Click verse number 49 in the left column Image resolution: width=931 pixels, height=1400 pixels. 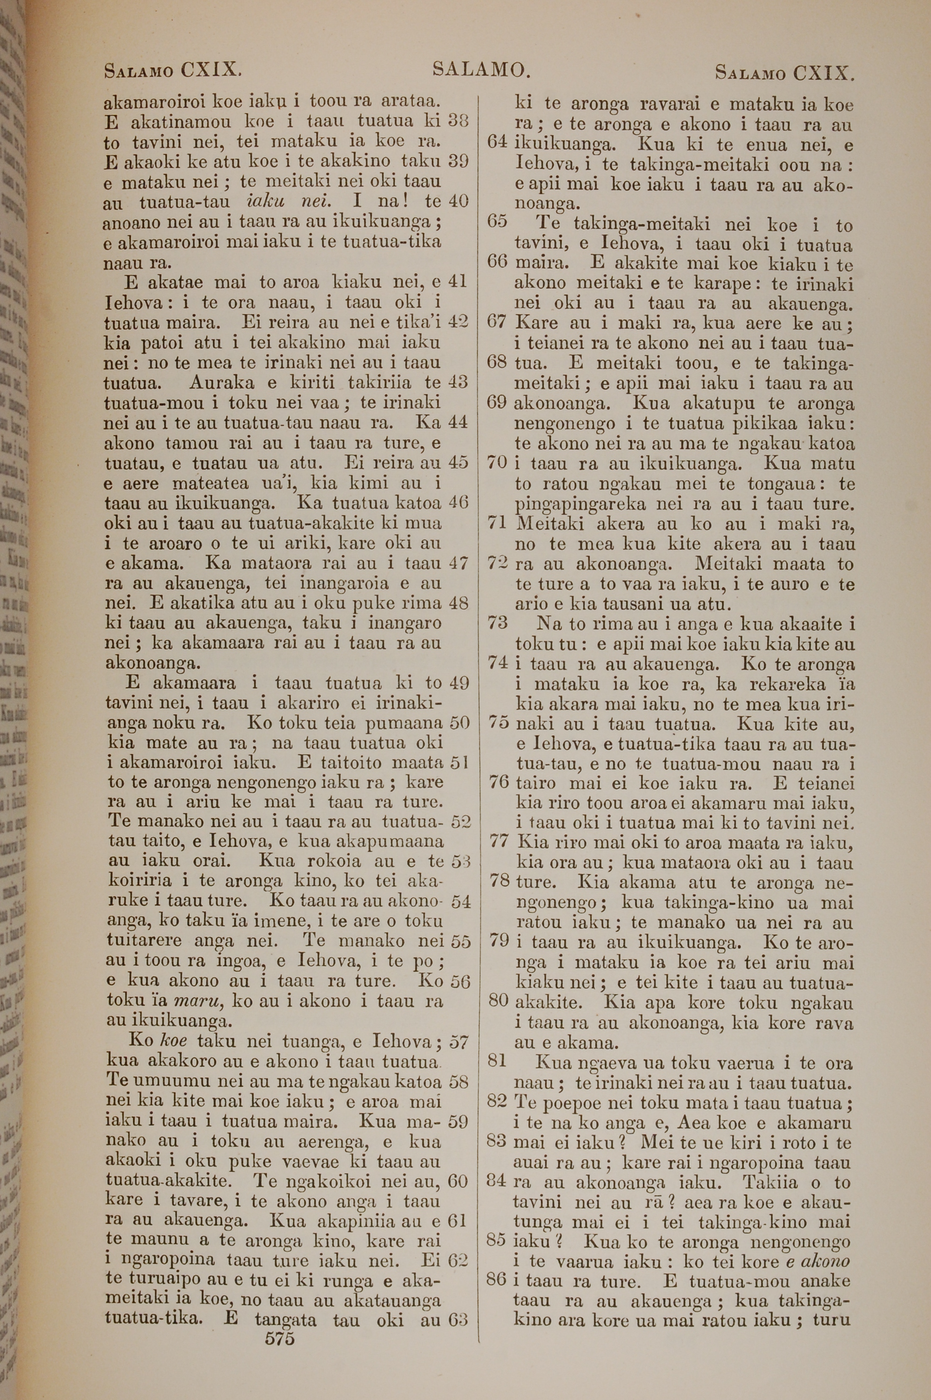(459, 683)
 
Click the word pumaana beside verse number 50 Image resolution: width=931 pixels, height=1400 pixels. (405, 723)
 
